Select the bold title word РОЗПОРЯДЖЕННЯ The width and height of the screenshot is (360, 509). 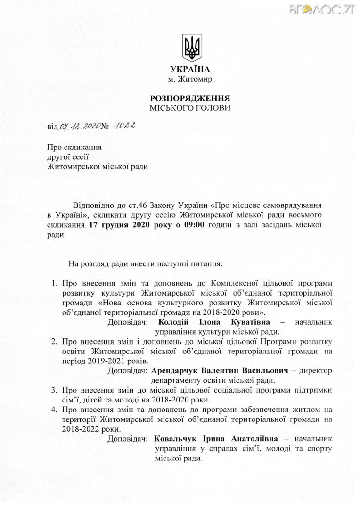click(x=190, y=99)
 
